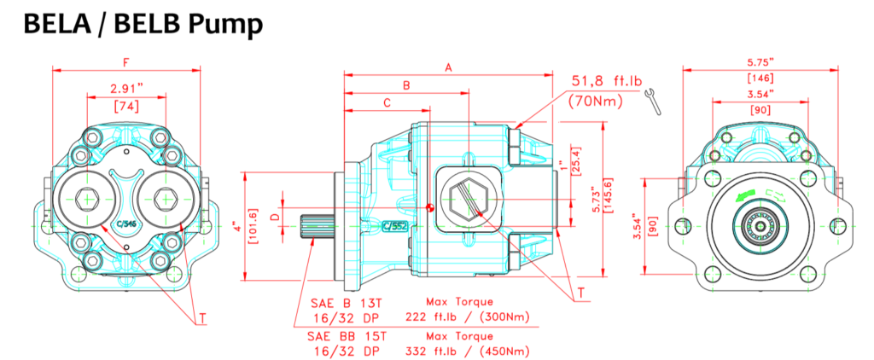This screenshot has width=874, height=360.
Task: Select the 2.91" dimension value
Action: tap(126, 88)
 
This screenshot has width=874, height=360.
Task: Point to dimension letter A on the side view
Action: tap(448, 67)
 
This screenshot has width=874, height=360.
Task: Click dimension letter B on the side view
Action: tap(406, 85)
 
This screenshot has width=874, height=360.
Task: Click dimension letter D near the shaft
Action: tap(274, 218)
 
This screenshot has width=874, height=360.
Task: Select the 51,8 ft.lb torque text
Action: tap(606, 81)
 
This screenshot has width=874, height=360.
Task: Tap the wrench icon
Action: tap(654, 101)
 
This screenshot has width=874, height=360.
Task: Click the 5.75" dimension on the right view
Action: tap(759, 62)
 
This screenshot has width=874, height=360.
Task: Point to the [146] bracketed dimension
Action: tap(759, 78)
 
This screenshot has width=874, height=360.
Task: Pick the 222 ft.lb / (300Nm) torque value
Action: tap(475, 316)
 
